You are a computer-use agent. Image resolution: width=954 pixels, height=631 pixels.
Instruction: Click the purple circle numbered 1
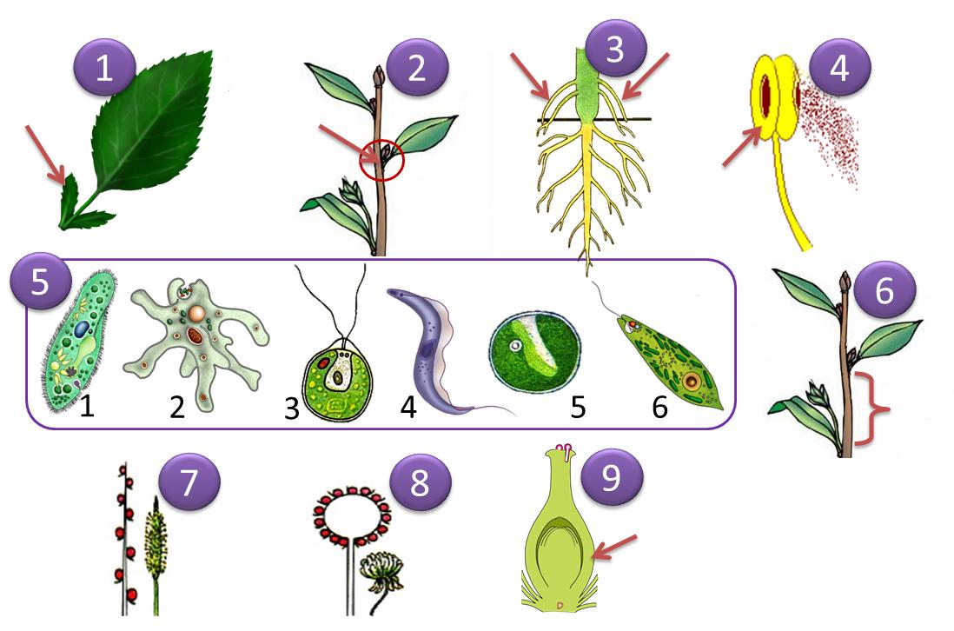pos(104,68)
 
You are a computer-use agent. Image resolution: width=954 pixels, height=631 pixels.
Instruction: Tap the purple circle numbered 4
pos(839,68)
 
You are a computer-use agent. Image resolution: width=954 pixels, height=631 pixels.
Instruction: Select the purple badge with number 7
pos(189,482)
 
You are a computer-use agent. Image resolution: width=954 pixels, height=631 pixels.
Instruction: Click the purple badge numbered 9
pos(612,478)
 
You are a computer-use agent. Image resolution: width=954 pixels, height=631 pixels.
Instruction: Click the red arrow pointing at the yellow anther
pos(742,147)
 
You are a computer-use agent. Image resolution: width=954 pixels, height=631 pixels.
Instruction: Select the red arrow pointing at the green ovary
pos(614,547)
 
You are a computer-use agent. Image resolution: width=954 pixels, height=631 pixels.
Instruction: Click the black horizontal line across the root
pos(593,120)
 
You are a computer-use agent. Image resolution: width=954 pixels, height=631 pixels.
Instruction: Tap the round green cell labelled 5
pos(535,353)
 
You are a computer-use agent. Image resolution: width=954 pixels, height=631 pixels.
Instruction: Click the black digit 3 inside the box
pos(292,408)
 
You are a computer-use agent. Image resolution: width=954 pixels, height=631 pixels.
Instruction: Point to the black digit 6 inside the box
pos(660,407)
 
